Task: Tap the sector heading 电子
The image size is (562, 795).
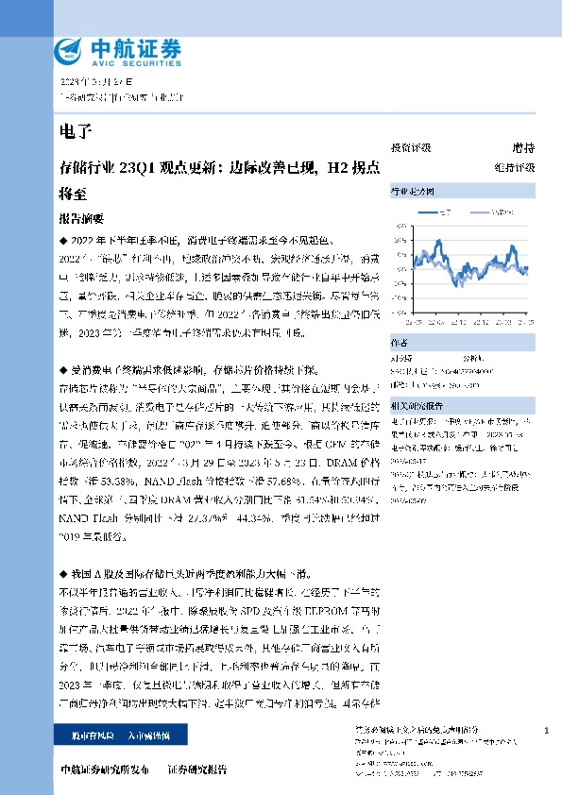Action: (x=72, y=129)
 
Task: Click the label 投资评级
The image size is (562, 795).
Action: (x=410, y=148)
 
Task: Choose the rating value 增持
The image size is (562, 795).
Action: (x=522, y=148)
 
